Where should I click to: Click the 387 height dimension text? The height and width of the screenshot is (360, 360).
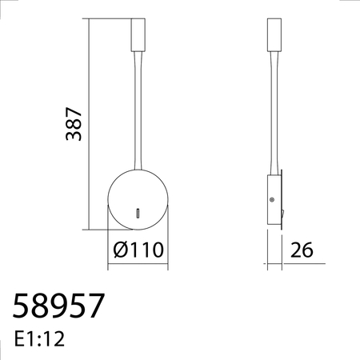pos(74,123)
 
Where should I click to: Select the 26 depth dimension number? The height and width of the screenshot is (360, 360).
pos(301,250)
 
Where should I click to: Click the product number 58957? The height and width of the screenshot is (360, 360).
pos(59,306)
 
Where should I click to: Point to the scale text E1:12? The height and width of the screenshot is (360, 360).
pos(39,338)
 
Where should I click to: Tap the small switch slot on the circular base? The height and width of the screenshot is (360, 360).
pos(138,212)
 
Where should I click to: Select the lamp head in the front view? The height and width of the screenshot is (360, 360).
pos(137,35)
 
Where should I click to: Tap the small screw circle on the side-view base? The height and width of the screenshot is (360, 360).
pos(272,199)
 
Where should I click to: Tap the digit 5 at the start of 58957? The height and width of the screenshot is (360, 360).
pos(23,306)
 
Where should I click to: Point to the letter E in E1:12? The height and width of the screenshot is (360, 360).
pos(19,338)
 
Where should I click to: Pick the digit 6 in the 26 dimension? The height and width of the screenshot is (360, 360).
pos(306,250)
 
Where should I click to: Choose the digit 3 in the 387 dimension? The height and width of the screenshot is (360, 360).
pos(74,137)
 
